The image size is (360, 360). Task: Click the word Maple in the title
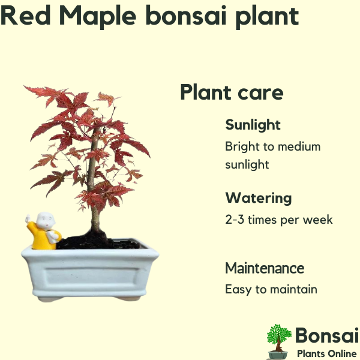[x=98, y=17]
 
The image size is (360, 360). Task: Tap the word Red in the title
[x=25, y=15]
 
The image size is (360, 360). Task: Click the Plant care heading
[x=232, y=92]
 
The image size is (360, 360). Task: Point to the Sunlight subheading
[x=253, y=125]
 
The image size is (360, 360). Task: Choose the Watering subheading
[x=259, y=199]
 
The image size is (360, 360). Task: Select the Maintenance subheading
[x=265, y=268]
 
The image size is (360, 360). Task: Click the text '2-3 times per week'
[x=279, y=220]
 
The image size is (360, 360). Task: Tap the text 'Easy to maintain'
[x=271, y=289]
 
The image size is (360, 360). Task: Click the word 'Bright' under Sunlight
[x=242, y=147]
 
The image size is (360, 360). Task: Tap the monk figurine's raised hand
[x=28, y=218]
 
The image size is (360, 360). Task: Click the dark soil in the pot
[x=97, y=242]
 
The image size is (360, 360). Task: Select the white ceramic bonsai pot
[x=90, y=271]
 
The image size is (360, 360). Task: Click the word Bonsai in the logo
[x=327, y=335]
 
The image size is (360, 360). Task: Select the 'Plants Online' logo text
[x=326, y=353]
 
